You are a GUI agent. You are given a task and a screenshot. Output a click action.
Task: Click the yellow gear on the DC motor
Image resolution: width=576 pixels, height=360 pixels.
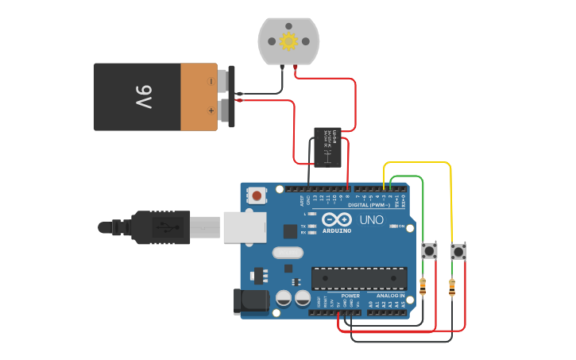288,41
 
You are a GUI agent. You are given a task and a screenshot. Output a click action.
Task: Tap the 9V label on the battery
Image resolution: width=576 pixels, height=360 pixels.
143,97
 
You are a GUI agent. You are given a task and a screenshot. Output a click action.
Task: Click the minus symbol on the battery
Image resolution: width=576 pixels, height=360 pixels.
211,81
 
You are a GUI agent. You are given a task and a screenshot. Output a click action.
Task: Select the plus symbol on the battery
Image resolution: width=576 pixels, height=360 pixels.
211,110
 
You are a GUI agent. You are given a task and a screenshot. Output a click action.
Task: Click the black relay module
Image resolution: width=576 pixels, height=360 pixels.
327,147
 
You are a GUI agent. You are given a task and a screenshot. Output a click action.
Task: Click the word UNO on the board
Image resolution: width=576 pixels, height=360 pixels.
372,220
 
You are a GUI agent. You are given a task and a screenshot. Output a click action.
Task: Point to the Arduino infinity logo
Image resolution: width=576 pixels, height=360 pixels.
337,220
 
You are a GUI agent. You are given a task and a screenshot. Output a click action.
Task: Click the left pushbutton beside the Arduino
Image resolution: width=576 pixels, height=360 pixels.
430,251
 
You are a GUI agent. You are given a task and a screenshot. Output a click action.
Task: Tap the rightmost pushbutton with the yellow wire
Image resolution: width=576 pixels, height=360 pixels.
458,252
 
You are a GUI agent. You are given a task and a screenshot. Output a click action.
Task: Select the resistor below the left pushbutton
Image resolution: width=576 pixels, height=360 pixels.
423,286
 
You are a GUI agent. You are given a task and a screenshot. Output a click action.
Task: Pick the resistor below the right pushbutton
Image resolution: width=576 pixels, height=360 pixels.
452,288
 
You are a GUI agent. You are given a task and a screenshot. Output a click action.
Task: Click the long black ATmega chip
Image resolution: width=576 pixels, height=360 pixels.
359,278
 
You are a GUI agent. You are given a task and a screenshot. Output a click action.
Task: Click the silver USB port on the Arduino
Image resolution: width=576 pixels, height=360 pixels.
245,227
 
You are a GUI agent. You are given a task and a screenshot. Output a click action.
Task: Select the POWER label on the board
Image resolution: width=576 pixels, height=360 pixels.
350,296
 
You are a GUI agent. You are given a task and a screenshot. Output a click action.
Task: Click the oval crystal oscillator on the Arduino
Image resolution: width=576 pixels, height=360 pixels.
287,253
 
